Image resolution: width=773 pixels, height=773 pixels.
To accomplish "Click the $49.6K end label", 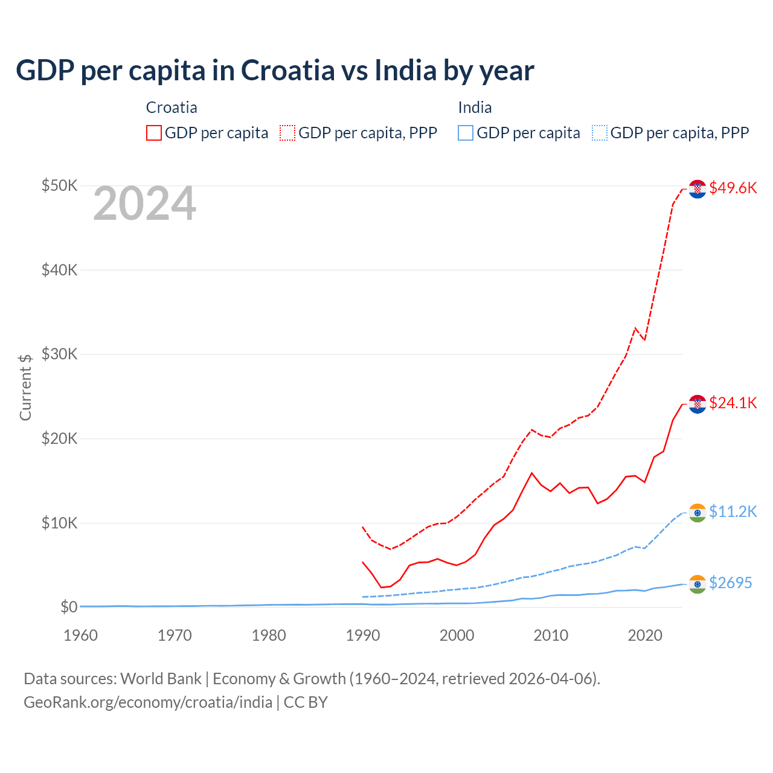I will tap(733, 188).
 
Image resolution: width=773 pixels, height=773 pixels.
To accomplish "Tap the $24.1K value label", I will tap(733, 403).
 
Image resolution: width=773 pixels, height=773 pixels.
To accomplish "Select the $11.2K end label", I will tap(733, 512).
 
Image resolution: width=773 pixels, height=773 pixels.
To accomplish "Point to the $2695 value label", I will tap(730, 583).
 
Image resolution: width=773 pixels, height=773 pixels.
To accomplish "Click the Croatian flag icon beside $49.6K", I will tap(698, 189).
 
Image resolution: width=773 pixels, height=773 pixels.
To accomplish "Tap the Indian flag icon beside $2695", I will tap(698, 584).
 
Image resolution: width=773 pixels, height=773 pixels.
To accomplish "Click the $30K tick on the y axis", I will tap(59, 354).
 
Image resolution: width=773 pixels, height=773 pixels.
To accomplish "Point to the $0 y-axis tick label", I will tap(68, 607).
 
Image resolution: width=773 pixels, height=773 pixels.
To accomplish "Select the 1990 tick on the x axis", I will tap(363, 635).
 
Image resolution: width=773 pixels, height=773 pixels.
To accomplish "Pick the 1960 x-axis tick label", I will tap(81, 635).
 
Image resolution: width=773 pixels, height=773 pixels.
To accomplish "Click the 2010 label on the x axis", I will tap(551, 635).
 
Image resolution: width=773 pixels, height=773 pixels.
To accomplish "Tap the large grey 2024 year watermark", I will tap(144, 204).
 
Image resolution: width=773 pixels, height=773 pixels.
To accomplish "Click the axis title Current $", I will tap(25, 386).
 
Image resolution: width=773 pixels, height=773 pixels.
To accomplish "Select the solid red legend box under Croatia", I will tap(154, 133).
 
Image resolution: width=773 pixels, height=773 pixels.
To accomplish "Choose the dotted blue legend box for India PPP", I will tap(600, 133).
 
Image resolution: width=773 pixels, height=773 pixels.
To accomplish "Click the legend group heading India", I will tap(475, 107).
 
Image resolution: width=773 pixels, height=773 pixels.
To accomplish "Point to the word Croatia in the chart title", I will tap(287, 70).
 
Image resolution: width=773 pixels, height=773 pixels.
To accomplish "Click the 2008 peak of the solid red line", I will tap(531, 473).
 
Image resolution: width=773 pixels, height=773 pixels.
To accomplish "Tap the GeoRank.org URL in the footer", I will tap(148, 702).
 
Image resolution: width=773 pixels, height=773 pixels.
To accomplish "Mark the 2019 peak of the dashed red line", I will tap(635, 328).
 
